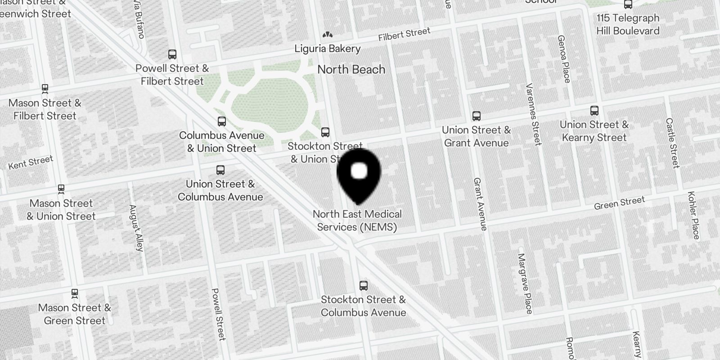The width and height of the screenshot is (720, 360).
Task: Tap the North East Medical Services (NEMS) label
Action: click(357, 220)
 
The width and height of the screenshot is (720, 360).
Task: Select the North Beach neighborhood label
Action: click(351, 69)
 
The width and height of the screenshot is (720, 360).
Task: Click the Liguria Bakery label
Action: click(328, 49)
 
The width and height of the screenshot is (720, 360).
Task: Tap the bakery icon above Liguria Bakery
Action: click(327, 35)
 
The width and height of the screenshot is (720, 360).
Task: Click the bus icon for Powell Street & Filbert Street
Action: click(172, 54)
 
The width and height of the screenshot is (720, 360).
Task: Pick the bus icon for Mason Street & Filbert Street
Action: click(45, 89)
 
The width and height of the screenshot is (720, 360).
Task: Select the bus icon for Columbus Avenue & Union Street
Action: click(221, 121)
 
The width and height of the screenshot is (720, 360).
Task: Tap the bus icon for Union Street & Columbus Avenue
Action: click(220, 170)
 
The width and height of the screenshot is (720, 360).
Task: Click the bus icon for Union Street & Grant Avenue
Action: click(477, 116)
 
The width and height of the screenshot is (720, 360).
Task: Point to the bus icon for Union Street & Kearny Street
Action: click(594, 111)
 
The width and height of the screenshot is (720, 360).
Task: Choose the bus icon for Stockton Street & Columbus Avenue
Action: click(363, 285)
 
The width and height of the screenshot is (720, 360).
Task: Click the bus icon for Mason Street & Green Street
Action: click(75, 293)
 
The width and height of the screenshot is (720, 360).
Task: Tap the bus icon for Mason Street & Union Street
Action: click(61, 189)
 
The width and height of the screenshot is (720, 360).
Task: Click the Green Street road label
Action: click(619, 203)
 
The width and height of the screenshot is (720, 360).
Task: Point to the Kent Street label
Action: click(31, 162)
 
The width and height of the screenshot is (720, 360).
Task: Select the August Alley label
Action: click(136, 228)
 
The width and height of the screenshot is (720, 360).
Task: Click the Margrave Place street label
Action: click(525, 283)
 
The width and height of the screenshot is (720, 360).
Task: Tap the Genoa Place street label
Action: click(563, 59)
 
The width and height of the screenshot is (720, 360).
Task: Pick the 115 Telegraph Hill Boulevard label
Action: click(628, 24)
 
